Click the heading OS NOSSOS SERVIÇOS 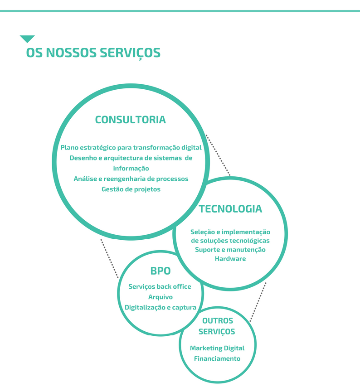93,53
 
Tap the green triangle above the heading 27,39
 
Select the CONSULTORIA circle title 130,120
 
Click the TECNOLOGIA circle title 230,209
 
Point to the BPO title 161,271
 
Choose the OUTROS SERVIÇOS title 217,326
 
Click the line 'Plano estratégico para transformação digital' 131,147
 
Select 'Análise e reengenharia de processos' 131,179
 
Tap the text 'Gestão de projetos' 131,189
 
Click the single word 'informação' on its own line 131,168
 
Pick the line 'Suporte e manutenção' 230,250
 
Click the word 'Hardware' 230,259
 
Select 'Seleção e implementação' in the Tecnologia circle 230,232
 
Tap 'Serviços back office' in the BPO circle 160,286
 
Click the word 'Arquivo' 161,297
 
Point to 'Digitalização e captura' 161,308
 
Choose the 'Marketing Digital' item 217,348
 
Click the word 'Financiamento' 217,358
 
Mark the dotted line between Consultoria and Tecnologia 218,155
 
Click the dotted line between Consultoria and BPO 110,258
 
